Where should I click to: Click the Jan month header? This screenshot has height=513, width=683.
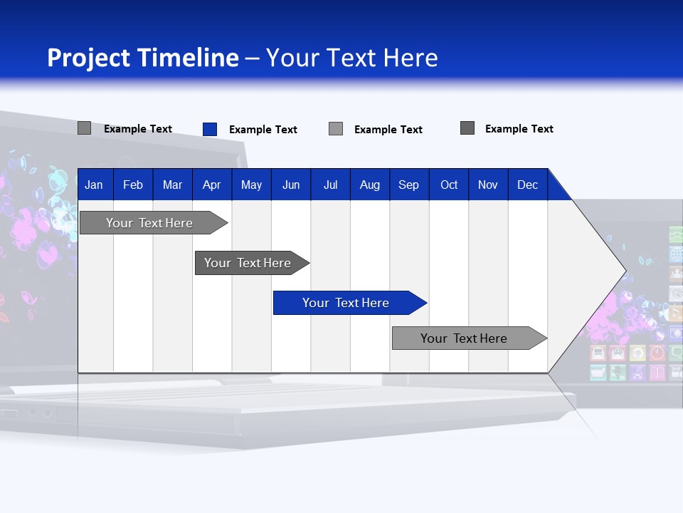pyautogui.click(x=94, y=185)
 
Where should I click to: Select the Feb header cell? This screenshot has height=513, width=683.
pyautogui.click(x=133, y=185)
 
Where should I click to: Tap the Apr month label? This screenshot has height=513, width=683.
pyautogui.click(x=211, y=185)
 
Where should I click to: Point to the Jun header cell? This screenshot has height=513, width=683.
pyautogui.click(x=291, y=185)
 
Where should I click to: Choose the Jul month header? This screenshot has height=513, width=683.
pyautogui.click(x=330, y=185)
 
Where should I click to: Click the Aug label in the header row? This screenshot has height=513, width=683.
pyautogui.click(x=369, y=185)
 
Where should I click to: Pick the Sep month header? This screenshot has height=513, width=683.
pyautogui.click(x=408, y=185)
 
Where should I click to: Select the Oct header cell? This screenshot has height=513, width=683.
pyautogui.click(x=449, y=185)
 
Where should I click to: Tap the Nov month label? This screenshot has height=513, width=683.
pyautogui.click(x=488, y=185)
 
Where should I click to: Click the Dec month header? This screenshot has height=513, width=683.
pyautogui.click(x=527, y=185)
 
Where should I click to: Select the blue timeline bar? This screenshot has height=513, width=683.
pyautogui.click(x=345, y=303)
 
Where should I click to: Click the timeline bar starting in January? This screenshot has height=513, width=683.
pyautogui.click(x=149, y=223)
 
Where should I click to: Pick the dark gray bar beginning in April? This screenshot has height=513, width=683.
pyautogui.click(x=248, y=263)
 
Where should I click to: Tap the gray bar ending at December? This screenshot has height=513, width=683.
pyautogui.click(x=464, y=338)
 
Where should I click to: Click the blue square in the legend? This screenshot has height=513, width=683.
pyautogui.click(x=210, y=129)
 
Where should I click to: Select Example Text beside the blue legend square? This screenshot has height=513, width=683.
pyautogui.click(x=263, y=130)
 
